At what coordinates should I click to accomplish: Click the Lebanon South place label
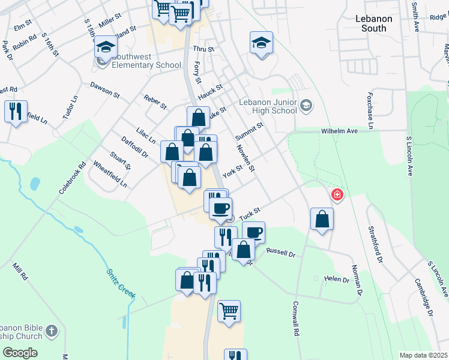[x=373, y=23]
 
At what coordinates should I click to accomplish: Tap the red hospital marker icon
[x=337, y=194]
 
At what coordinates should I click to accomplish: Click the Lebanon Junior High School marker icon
[x=306, y=106]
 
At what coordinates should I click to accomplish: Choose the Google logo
[x=20, y=353]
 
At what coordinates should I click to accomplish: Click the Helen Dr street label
[x=336, y=280]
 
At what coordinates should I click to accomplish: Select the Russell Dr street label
[x=281, y=253]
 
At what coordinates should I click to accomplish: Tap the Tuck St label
[x=249, y=213]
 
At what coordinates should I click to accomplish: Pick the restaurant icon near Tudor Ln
[x=16, y=111]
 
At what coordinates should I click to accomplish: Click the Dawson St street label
[x=106, y=89]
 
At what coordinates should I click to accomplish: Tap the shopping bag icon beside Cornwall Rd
[x=322, y=219]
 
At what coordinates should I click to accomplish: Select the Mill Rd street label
[x=20, y=271]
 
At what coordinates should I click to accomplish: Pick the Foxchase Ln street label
[x=370, y=111]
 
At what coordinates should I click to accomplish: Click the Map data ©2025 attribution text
[x=424, y=355]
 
